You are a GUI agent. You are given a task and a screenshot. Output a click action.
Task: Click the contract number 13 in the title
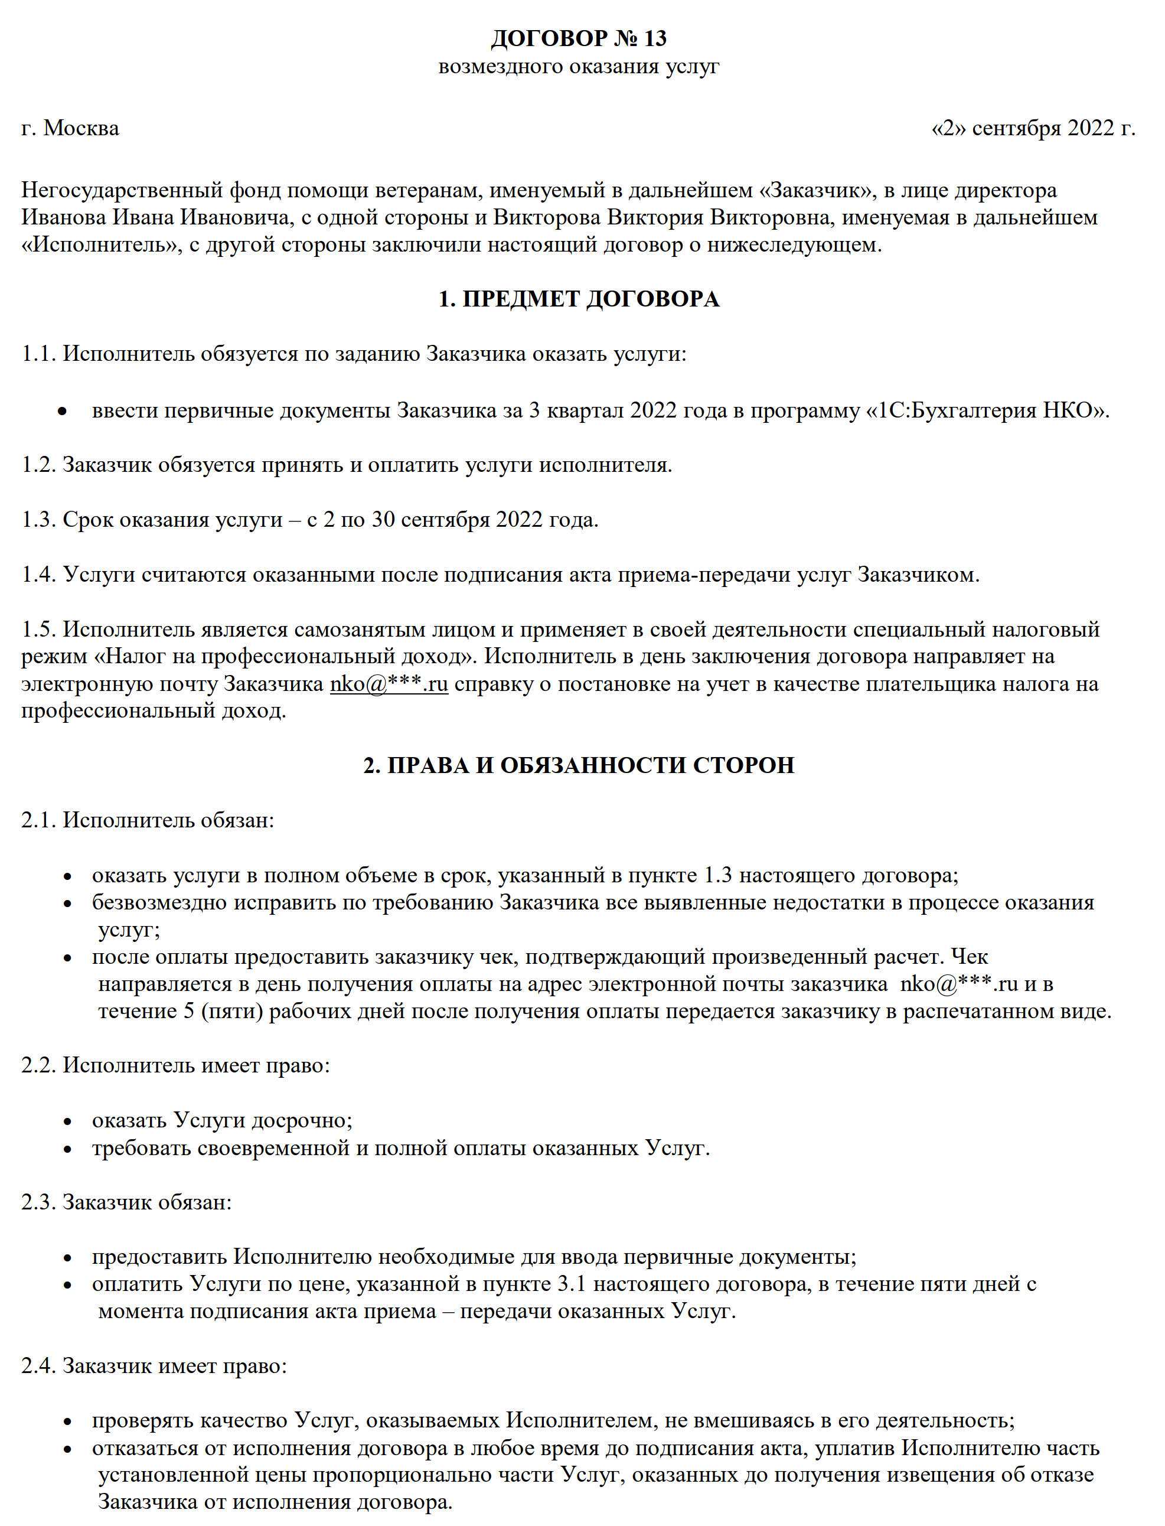tap(655, 38)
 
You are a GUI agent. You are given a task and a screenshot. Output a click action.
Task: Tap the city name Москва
tap(81, 128)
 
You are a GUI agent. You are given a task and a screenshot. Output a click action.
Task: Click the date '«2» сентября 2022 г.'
tap(1033, 128)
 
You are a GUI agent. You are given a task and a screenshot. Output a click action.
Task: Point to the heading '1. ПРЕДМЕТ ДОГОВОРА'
tap(579, 299)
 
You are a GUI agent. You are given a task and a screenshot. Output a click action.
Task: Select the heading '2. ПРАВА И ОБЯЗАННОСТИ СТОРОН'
tap(579, 765)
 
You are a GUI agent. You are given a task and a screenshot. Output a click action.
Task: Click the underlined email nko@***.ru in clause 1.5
tap(389, 684)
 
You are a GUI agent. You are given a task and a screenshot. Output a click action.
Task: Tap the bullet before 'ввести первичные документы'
tap(63, 412)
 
